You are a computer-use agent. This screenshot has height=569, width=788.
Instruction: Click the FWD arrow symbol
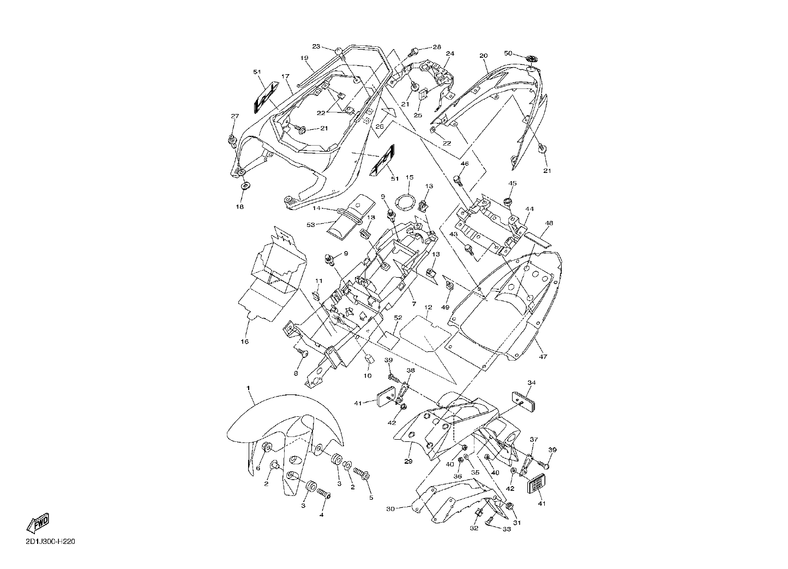point(38,523)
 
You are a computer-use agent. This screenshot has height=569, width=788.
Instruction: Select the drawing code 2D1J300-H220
point(50,542)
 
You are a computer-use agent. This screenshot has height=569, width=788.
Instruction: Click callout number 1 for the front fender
point(248,388)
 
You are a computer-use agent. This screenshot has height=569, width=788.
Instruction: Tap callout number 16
point(244,342)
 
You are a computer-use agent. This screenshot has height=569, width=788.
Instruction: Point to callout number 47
point(543,356)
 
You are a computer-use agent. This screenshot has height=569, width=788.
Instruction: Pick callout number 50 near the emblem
point(508,53)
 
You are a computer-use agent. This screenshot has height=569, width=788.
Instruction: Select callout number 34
point(531,382)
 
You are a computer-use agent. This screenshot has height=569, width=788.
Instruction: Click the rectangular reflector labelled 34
point(524,401)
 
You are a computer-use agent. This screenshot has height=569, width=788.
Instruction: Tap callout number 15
point(410,177)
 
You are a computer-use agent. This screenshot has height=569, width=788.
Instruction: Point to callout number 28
point(437,47)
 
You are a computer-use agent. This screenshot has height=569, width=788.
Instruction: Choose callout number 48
point(549,223)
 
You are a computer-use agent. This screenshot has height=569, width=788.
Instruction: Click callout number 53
point(310,225)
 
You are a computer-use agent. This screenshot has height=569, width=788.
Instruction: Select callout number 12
point(428,307)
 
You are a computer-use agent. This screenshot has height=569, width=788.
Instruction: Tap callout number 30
point(390,509)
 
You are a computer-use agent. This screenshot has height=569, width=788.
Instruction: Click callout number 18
point(239,207)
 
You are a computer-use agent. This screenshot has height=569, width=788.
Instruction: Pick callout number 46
point(465,164)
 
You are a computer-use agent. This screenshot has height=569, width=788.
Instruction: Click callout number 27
point(234,116)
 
